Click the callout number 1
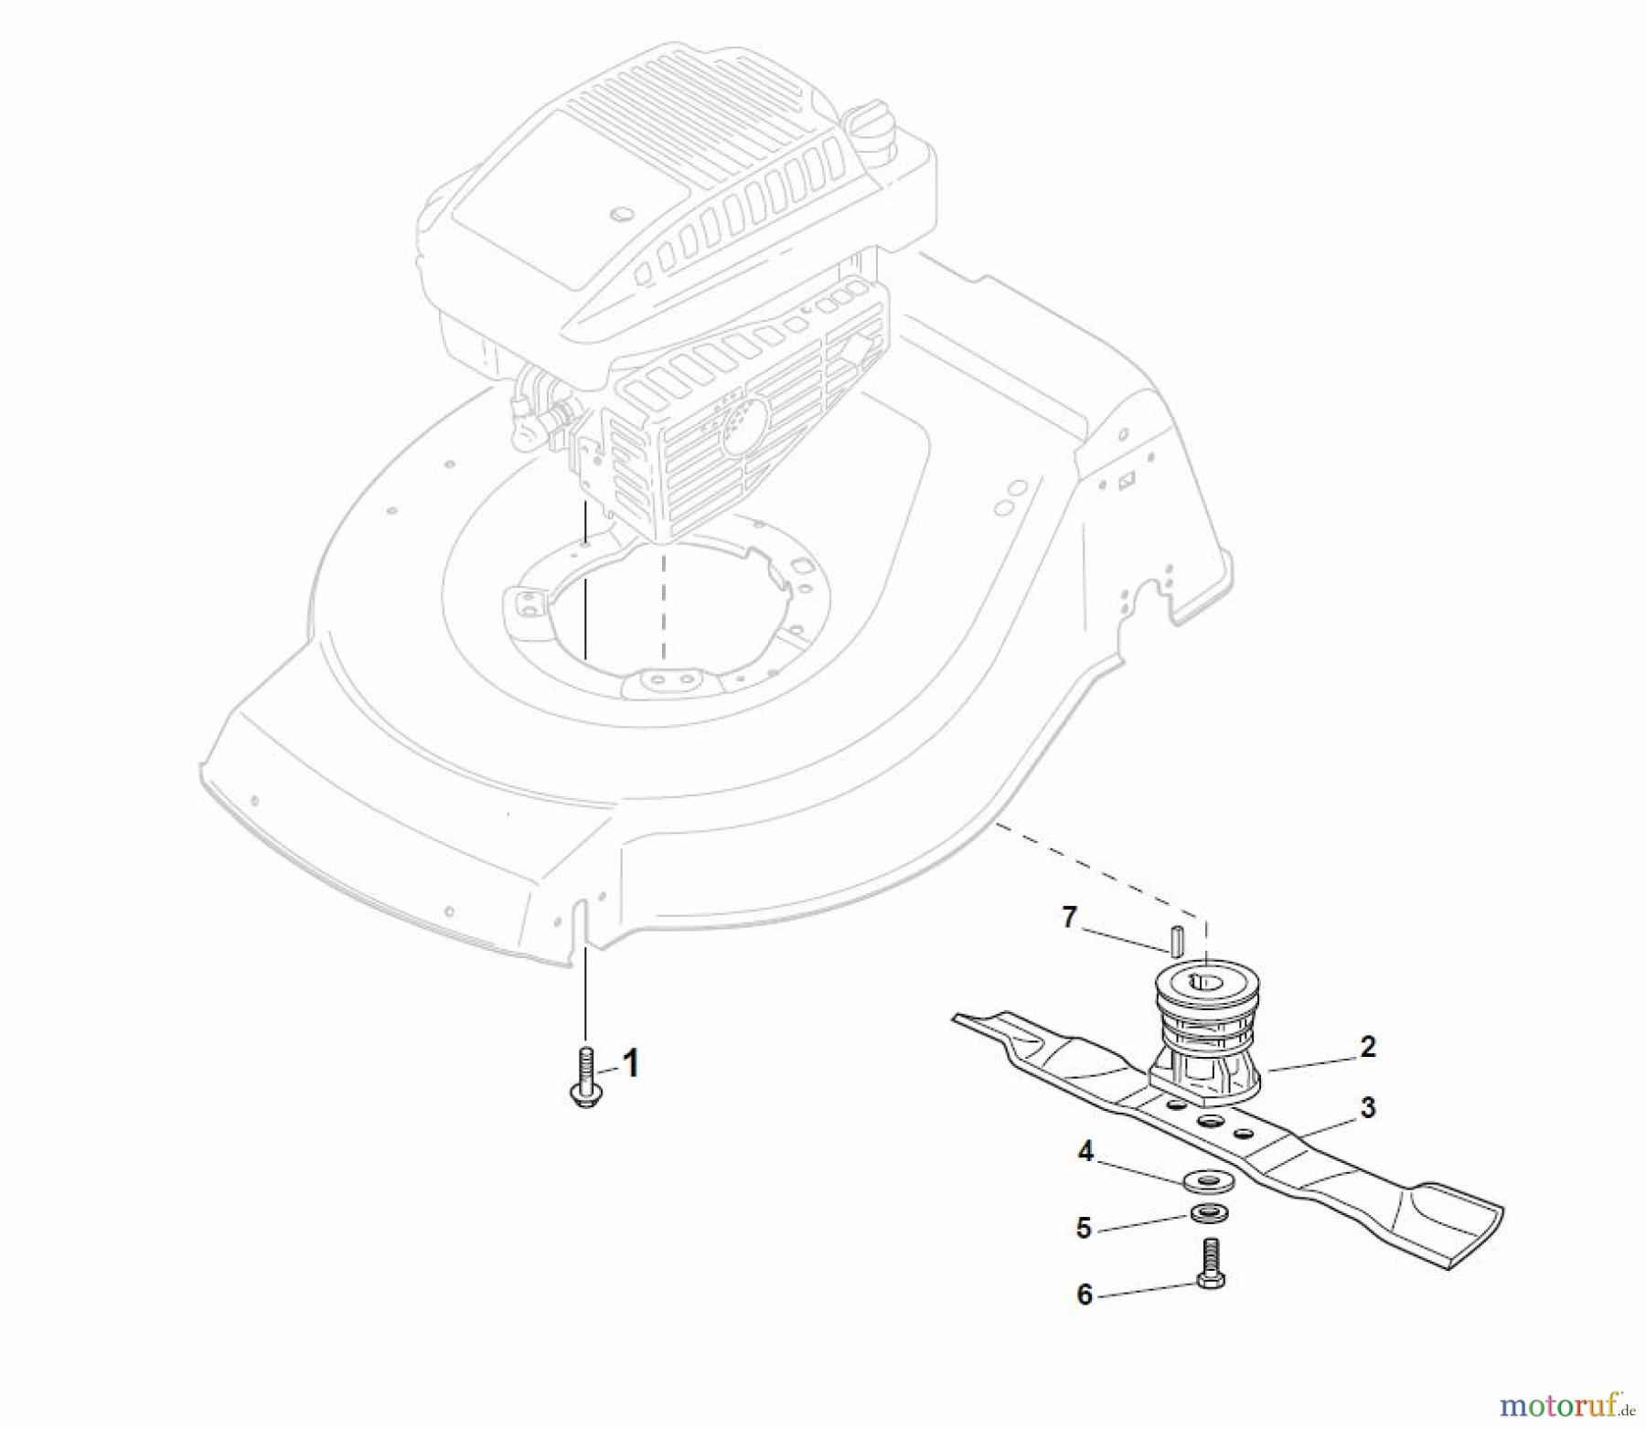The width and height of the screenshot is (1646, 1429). [x=630, y=1064]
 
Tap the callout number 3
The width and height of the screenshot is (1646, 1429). [x=1367, y=1108]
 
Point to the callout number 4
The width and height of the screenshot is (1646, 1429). [x=1085, y=1153]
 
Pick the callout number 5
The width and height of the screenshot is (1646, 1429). [x=1084, y=1228]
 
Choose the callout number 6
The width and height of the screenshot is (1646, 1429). [x=1085, y=1295]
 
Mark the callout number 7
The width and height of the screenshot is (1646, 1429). [x=1070, y=917]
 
